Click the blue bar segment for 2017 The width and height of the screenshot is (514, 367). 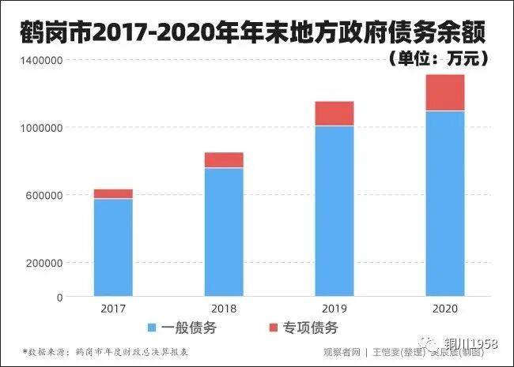(113, 248)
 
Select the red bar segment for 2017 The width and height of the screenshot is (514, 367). (113, 193)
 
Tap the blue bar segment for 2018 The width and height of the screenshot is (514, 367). (224, 232)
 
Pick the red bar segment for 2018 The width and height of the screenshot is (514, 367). (224, 160)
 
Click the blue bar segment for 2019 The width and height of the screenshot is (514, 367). (334, 211)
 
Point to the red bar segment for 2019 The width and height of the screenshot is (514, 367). (334, 114)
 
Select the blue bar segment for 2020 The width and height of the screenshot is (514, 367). (445, 204)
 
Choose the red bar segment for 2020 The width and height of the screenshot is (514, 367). (445, 92)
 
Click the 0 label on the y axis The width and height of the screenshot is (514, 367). (59, 298)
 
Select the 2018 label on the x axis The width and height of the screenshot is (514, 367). (224, 309)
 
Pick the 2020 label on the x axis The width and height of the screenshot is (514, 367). (445, 309)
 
